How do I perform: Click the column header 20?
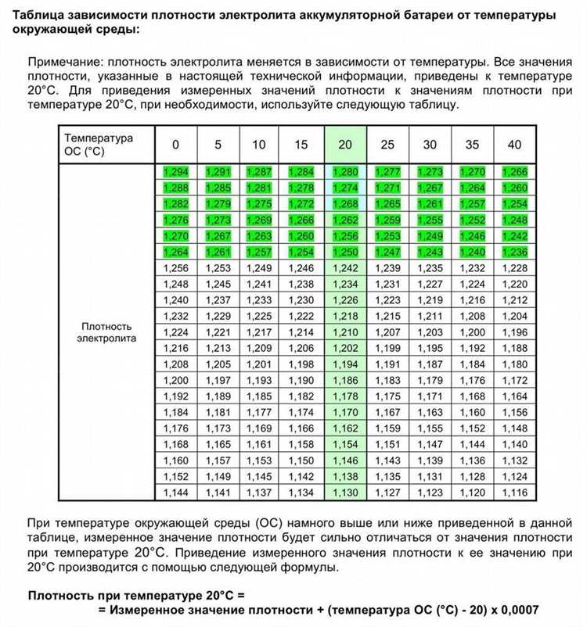[345, 145]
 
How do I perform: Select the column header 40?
[514, 145]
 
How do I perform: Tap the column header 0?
[175, 145]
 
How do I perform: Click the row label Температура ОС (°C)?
[98, 145]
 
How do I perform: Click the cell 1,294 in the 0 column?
[175, 171]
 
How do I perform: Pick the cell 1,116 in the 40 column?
[514, 493]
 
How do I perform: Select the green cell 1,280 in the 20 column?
[345, 171]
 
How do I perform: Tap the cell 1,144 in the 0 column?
[175, 493]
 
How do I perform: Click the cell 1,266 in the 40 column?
[514, 171]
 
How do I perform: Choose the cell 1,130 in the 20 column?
[345, 493]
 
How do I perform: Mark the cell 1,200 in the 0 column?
[175, 380]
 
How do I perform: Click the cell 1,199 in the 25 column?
[387, 348]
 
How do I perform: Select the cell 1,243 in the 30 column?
[430, 252]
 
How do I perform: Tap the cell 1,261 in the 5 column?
[218, 252]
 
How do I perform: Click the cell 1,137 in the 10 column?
[259, 493]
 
